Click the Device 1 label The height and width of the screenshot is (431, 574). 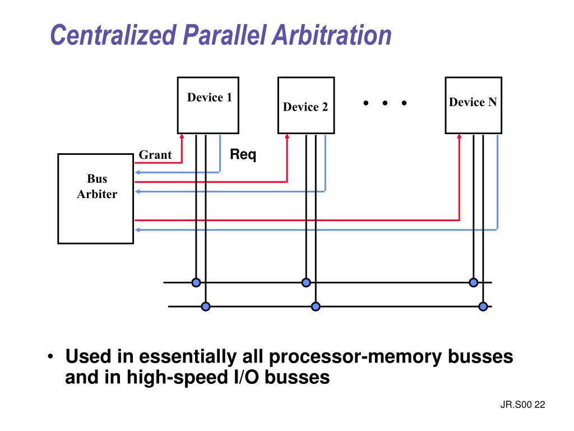point(210,98)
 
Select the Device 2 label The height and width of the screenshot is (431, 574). point(305,107)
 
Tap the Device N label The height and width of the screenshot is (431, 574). point(473,102)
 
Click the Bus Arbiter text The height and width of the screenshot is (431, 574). point(97,186)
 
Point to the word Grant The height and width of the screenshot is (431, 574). point(155,155)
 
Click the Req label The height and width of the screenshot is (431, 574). point(243,154)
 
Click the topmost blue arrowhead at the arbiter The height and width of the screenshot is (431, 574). point(137,172)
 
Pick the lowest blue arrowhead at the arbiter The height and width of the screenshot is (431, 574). point(137,230)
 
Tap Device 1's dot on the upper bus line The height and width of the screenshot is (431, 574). point(196,283)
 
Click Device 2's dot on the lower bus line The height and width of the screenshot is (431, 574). point(316,306)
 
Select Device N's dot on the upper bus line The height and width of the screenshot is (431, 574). point(473,283)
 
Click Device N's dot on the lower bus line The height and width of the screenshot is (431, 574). point(483,306)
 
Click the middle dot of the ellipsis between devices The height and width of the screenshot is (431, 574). point(385,103)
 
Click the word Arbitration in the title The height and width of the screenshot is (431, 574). point(332,35)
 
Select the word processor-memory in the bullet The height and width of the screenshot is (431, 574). point(355,357)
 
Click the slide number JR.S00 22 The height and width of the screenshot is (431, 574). point(523,405)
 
